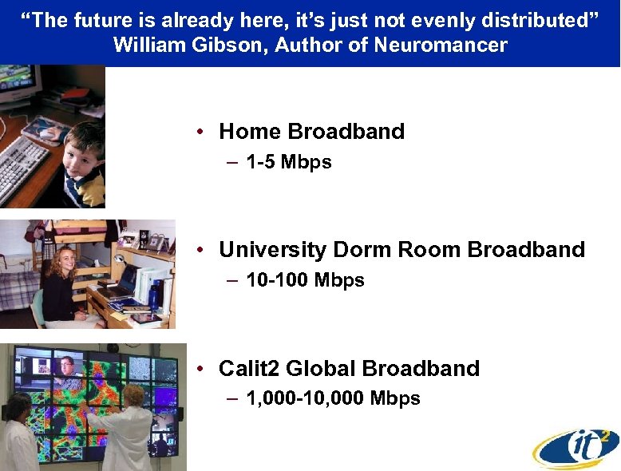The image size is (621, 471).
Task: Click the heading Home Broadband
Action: [311, 132]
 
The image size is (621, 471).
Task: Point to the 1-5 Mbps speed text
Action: [289, 163]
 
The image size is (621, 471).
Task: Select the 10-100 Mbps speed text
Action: [305, 281]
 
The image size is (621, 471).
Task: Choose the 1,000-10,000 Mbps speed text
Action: [333, 398]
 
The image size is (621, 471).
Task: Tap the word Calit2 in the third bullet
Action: [249, 369]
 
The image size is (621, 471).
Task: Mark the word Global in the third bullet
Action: [320, 369]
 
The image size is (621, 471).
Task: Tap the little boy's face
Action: [83, 152]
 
